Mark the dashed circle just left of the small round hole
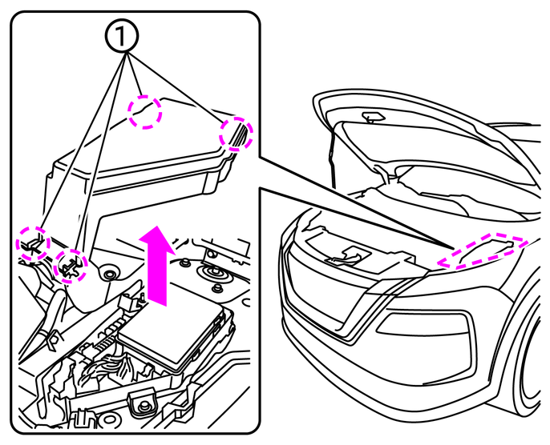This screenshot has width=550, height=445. coord(71,264)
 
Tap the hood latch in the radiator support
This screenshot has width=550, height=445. coord(346,255)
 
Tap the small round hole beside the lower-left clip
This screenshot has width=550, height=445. coord(110,275)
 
